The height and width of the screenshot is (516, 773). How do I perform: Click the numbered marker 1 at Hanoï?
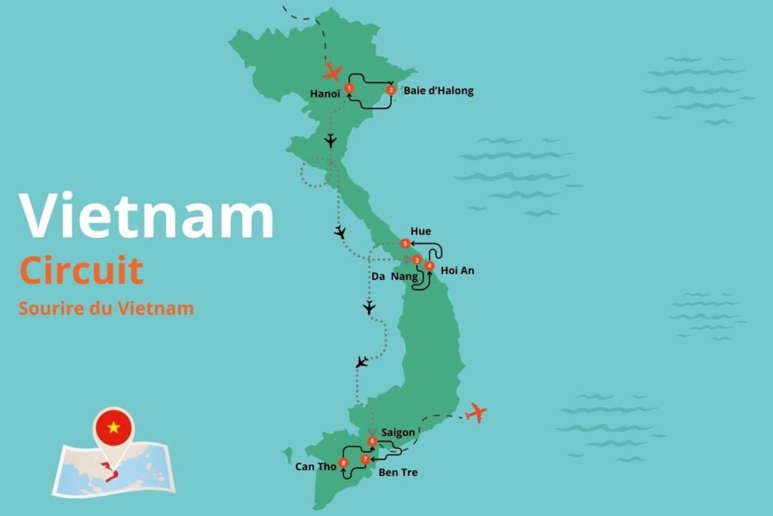[349, 87]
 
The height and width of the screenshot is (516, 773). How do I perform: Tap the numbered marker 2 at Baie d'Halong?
[391, 90]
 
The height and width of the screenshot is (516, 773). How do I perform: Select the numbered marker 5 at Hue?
[405, 244]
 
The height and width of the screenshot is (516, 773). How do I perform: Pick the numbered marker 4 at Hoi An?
[429, 266]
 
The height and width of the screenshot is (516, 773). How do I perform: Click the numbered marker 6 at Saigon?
[372, 441]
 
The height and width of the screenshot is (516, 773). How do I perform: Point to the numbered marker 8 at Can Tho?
[344, 463]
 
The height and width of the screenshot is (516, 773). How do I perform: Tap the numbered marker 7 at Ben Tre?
[365, 459]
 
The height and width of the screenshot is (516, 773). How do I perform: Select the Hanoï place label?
[324, 94]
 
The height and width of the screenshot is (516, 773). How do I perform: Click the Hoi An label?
[457, 271]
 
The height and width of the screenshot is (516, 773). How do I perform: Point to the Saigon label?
[398, 432]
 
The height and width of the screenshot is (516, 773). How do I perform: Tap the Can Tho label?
[315, 467]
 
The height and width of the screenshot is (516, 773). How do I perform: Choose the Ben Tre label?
[398, 472]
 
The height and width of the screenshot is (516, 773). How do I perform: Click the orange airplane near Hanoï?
[332, 71]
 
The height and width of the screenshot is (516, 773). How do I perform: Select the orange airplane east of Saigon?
[475, 412]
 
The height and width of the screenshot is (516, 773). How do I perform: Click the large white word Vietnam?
[147, 216]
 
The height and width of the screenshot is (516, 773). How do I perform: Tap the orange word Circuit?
[81, 271]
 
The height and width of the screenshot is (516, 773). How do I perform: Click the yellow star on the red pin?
[114, 427]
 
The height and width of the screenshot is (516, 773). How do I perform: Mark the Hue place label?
[420, 231]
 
